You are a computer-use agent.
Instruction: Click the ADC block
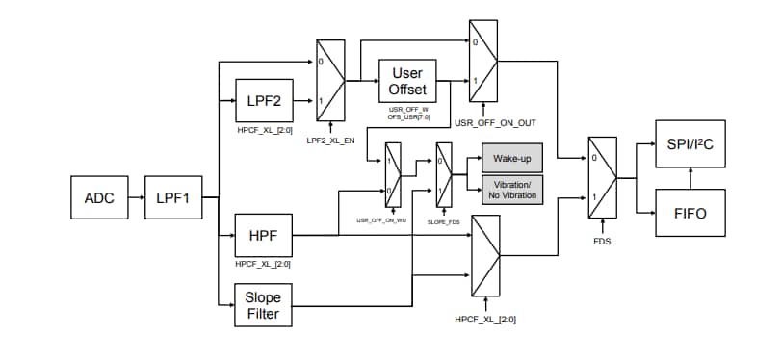(100, 198)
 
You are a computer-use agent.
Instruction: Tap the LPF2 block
(264, 100)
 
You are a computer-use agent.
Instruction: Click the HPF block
(264, 235)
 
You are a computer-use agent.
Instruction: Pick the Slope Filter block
(264, 305)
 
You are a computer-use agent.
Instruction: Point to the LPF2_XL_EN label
(330, 141)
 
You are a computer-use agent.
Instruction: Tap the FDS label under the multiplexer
(602, 242)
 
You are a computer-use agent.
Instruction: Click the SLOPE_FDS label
(444, 221)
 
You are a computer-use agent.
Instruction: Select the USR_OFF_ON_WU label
(377, 221)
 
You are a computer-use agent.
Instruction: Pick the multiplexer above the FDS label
(602, 179)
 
